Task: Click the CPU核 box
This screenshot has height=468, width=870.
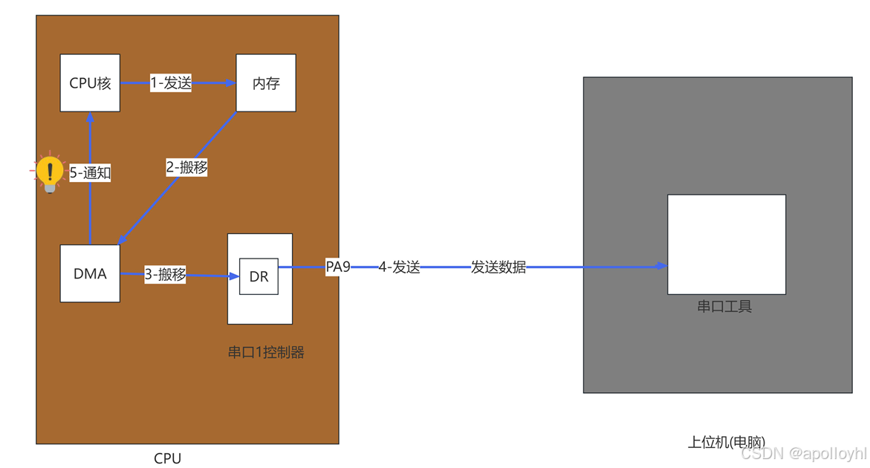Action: click(x=90, y=83)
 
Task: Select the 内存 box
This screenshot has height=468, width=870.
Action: click(x=266, y=83)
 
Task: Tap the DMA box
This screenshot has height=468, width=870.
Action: click(x=90, y=273)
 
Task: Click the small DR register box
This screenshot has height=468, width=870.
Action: click(x=259, y=276)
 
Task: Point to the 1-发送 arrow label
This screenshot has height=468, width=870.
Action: click(x=171, y=83)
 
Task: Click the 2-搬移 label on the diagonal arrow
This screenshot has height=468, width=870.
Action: click(x=186, y=168)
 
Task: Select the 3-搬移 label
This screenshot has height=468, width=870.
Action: click(x=165, y=274)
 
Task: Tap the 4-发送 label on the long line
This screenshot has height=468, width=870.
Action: click(x=399, y=267)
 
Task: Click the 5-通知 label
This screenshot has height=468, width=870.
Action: click(x=90, y=173)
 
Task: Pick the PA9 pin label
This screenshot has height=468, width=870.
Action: click(x=338, y=267)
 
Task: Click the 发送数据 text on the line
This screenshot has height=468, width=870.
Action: click(x=498, y=267)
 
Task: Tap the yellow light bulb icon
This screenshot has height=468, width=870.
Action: click(x=50, y=174)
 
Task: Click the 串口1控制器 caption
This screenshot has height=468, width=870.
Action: click(x=266, y=352)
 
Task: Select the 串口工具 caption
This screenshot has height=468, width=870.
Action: click(x=724, y=306)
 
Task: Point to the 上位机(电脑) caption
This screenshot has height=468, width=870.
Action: click(x=726, y=442)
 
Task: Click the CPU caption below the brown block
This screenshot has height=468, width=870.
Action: click(x=167, y=458)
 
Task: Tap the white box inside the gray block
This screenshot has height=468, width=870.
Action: click(x=726, y=244)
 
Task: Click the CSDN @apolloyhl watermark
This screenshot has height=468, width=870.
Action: click(x=804, y=453)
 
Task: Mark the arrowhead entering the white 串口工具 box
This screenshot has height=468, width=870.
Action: click(x=662, y=266)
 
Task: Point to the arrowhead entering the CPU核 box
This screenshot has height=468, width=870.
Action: click(x=90, y=117)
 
